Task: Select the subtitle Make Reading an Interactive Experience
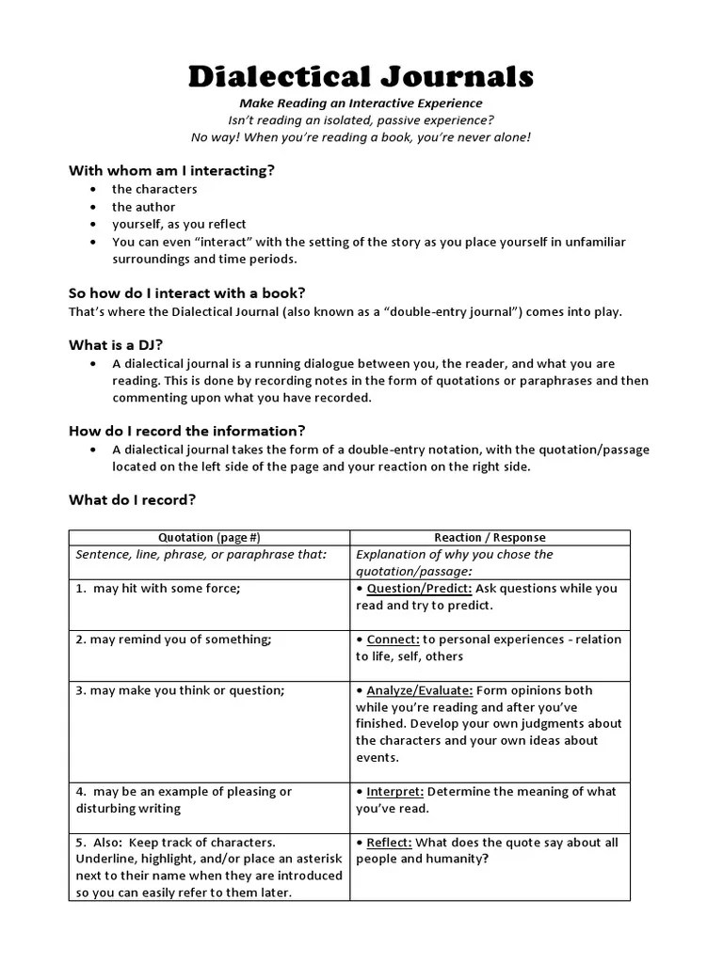(361, 103)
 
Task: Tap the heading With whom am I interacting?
(171, 170)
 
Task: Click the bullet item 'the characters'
(154, 189)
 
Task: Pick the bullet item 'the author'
(143, 207)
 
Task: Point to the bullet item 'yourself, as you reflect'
(179, 224)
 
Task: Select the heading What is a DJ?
(108, 344)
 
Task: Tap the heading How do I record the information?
(186, 431)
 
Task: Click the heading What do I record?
(132, 499)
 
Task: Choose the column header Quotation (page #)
(209, 538)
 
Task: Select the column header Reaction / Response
(490, 538)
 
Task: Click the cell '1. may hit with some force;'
(158, 589)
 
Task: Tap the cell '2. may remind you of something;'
(173, 639)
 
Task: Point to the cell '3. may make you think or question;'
(180, 690)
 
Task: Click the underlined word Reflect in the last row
(388, 843)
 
